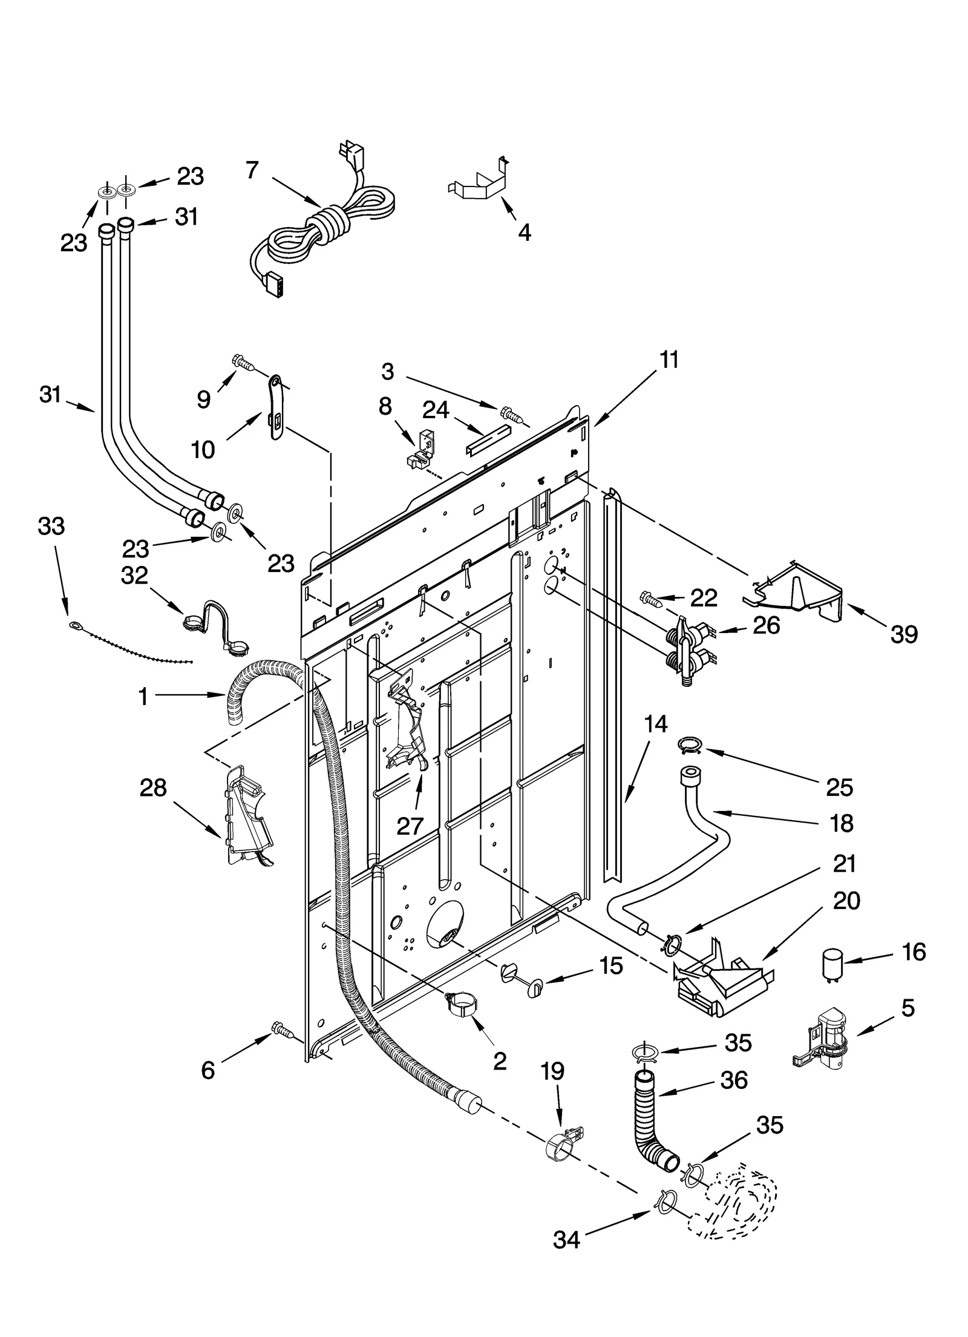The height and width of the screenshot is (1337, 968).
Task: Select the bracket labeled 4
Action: (478, 182)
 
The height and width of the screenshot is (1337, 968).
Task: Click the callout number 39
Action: (904, 634)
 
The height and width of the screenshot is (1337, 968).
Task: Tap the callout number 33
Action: (51, 526)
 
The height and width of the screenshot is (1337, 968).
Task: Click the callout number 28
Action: (152, 787)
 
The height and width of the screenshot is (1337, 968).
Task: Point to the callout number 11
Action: (669, 360)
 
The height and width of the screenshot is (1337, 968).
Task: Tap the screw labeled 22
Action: (650, 598)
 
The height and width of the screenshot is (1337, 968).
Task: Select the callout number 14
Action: (656, 723)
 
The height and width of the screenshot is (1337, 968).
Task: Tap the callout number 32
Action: (134, 575)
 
